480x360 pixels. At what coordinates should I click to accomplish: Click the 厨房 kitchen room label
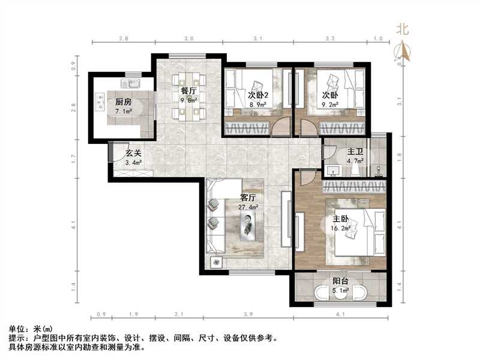[123, 102]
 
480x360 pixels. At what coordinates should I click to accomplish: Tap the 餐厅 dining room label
[189, 91]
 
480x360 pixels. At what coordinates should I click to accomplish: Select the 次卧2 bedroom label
[257, 95]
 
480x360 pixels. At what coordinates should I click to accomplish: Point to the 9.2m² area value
[329, 104]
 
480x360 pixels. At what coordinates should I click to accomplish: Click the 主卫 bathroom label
[354, 151]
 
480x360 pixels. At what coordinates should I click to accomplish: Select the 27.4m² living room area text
[248, 207]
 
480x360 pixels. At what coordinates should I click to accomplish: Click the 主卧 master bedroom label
[340, 219]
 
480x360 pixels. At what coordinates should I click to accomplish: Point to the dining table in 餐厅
[188, 96]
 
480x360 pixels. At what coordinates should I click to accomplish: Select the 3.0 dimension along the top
[189, 38]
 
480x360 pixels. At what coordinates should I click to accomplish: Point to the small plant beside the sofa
[216, 262]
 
